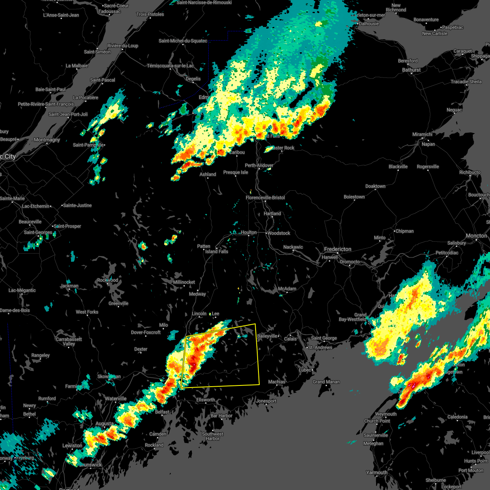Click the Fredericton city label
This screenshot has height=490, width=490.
[338, 249]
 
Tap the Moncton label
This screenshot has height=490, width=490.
[476, 236]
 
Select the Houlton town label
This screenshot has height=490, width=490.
[248, 232]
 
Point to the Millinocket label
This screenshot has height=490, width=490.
[184, 282]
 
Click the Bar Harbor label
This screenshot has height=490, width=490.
[221, 416]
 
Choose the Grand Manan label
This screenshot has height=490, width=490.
[326, 382]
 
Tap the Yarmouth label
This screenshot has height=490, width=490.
[376, 472]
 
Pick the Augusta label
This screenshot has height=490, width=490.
[105, 424]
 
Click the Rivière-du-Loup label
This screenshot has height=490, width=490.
[122, 46]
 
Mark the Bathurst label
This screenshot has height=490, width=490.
[411, 70]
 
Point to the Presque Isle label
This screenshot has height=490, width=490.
[236, 172]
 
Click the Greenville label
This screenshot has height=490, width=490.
[118, 303]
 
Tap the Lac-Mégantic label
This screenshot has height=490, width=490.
[22, 290]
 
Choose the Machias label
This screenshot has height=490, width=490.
[276, 382]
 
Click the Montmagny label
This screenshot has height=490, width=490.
[47, 140]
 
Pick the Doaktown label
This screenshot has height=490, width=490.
[375, 186]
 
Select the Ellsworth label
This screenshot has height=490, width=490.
[205, 400]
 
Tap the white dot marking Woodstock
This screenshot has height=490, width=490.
[267, 233]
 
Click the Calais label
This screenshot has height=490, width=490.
[290, 339]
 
